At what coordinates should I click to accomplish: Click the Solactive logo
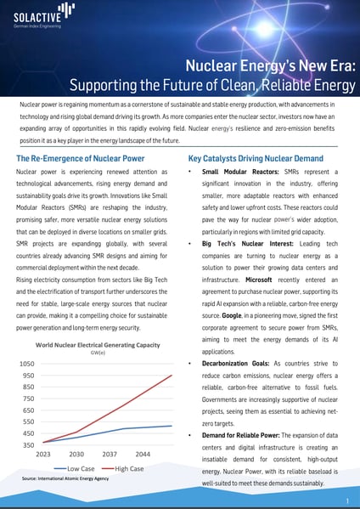click(44, 15)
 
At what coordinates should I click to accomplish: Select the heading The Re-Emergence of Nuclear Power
click(81, 158)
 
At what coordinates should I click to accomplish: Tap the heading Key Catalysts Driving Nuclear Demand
click(256, 158)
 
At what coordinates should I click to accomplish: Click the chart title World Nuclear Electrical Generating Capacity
click(98, 345)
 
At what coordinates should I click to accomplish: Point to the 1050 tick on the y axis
click(27, 364)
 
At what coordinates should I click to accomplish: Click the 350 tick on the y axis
click(29, 445)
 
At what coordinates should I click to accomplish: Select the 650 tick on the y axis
click(29, 410)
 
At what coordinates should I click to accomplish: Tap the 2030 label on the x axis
click(76, 454)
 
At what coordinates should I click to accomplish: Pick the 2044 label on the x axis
click(143, 454)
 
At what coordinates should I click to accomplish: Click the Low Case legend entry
click(74, 469)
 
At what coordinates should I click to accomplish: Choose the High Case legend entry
click(122, 469)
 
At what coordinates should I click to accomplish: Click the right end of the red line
click(172, 376)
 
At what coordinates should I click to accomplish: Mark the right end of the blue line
click(172, 426)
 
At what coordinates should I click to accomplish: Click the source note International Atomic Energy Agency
click(65, 478)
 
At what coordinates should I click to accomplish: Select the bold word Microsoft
click(258, 280)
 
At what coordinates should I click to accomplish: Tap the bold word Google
click(232, 315)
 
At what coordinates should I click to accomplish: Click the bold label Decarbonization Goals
click(235, 364)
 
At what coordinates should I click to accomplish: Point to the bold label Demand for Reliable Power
click(240, 435)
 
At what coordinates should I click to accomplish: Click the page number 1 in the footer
click(347, 501)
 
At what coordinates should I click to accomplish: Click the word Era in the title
click(341, 66)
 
